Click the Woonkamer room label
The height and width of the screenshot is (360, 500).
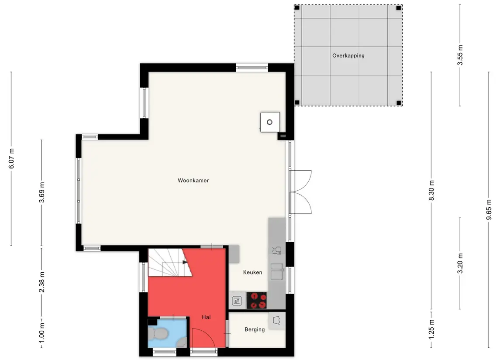pos(193,180)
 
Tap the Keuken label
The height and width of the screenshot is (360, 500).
pos(252,272)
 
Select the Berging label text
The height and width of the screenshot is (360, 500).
pos(255,329)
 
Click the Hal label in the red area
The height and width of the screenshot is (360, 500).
pos(206,317)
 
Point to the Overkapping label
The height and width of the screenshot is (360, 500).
pos(348,55)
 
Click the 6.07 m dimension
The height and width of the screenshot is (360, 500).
pos(11,158)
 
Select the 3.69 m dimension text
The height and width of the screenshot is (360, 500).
pos(42,192)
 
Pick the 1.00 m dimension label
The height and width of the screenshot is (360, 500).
pos(42,333)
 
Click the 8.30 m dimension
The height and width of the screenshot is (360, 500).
pos(432,191)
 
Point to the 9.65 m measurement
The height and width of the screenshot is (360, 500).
pos(489,209)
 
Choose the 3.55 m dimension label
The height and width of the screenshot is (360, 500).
pos(460,55)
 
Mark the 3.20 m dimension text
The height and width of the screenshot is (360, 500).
pos(460,264)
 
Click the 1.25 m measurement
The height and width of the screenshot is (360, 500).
pos(432,329)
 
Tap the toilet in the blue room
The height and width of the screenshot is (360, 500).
pos(158,333)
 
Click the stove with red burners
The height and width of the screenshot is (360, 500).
pos(257,300)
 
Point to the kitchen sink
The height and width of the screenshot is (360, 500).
pos(277,272)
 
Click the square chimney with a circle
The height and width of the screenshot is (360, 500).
pos(270,122)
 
